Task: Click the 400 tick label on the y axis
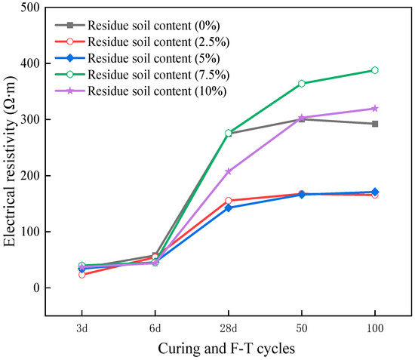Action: [x=30, y=63]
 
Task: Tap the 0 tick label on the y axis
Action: [x=35, y=288]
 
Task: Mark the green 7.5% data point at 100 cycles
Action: [x=375, y=70]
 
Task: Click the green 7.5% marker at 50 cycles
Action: [x=302, y=84]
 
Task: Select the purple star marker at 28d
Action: [x=229, y=171]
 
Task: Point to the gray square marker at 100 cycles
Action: [x=375, y=124]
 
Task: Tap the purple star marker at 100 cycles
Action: [x=375, y=109]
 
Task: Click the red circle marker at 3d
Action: [x=81, y=275]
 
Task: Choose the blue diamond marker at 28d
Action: [x=229, y=208]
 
